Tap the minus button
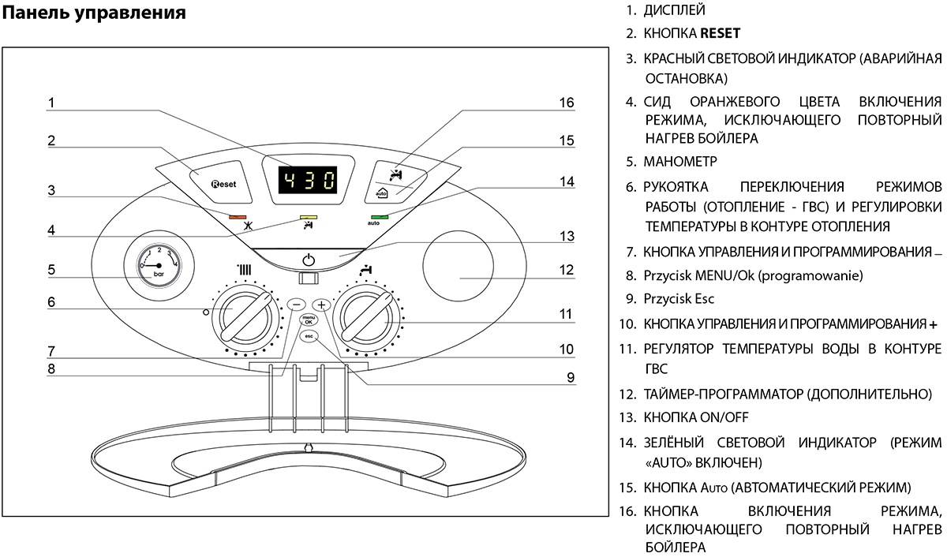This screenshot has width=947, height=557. coord(295,304)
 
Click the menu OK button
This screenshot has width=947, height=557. coord(308,320)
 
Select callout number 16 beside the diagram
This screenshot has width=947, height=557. coord(566,103)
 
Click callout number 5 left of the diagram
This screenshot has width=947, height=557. coord(51,269)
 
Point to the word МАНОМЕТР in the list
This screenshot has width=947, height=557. coord(680,162)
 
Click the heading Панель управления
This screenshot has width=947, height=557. coord(95,13)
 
